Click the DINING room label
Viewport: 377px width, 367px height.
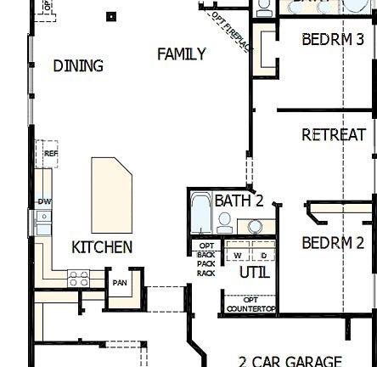[78, 65]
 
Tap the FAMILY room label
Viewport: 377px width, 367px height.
[181, 54]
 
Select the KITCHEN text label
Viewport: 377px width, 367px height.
[101, 247]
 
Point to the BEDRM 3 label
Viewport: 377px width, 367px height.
[332, 39]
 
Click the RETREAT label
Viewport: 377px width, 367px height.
[333, 134]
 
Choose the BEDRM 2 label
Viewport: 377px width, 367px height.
[332, 242]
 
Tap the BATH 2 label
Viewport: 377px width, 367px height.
[239, 201]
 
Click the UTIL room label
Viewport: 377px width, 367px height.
[254, 273]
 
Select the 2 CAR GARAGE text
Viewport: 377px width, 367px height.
[290, 360]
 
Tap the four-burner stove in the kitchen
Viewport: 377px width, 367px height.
[78, 277]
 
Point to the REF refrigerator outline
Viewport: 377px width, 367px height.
[49, 154]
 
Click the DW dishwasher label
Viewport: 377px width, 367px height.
[42, 201]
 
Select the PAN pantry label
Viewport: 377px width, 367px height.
[120, 283]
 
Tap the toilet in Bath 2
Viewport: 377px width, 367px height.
[225, 223]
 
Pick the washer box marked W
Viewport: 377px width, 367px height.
[238, 255]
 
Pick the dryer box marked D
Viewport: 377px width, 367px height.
[262, 255]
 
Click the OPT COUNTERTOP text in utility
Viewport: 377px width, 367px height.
[250, 304]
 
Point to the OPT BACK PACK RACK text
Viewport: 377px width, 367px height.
[206, 260]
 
